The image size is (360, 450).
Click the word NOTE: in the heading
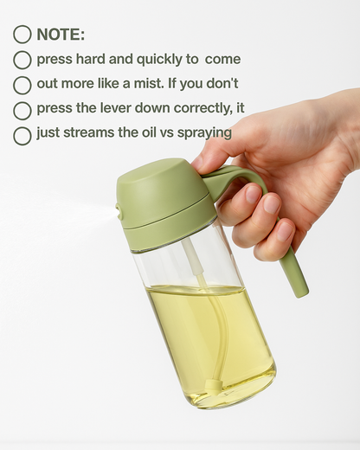(61, 35)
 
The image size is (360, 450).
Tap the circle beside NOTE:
(22, 35)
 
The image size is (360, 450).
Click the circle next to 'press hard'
(22, 60)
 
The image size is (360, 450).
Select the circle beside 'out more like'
(22, 85)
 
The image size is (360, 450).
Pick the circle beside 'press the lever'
(22, 111)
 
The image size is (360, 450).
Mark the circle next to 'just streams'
(22, 136)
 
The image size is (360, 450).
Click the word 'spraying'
(204, 133)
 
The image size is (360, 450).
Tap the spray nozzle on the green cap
(119, 211)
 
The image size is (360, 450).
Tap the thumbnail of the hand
(197, 164)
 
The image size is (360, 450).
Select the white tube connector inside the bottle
(191, 258)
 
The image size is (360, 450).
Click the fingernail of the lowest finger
(285, 231)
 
